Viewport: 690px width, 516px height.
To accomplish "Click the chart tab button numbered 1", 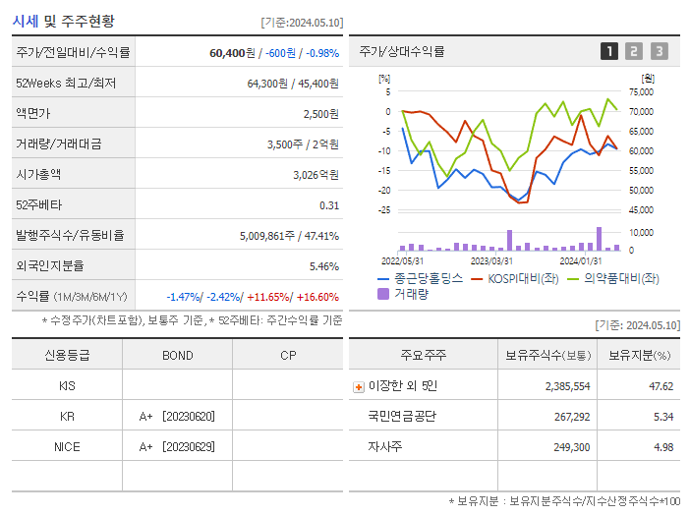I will [x=609, y=52].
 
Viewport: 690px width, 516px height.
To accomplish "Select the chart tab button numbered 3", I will [x=659, y=52].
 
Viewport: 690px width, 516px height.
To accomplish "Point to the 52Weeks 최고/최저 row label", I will [x=66, y=84].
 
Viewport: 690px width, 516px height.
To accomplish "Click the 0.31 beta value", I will [x=329, y=205].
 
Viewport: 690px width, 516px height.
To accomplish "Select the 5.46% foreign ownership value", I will [x=323, y=266].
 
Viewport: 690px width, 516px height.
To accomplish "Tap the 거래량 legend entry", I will [x=411, y=294].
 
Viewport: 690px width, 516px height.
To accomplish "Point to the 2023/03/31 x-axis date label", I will [x=491, y=260].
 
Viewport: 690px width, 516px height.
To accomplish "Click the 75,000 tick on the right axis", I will [x=640, y=92].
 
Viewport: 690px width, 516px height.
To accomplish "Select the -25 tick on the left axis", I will [x=384, y=210].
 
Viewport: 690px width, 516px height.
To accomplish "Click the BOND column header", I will [x=177, y=356].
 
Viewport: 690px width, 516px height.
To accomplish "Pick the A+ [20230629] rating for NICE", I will [x=177, y=447].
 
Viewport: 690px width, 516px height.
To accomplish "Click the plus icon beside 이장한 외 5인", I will [x=358, y=387].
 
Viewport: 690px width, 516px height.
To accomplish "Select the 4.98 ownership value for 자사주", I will [x=661, y=447].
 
